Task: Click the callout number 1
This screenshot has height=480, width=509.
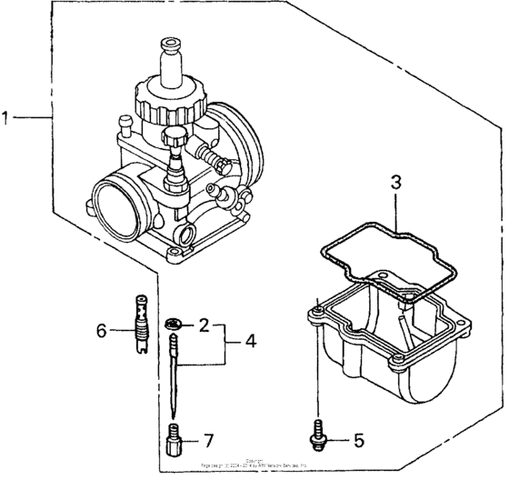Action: pos(7,117)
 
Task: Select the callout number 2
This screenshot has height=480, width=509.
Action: pos(205,324)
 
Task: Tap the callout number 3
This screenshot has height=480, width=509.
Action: pos(395,181)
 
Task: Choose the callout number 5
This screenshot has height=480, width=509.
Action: pos(358,442)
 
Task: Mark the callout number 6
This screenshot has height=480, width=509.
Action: pos(103,329)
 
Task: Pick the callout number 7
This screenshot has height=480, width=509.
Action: pos(208,441)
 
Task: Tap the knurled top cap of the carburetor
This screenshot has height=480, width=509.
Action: pos(171,95)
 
